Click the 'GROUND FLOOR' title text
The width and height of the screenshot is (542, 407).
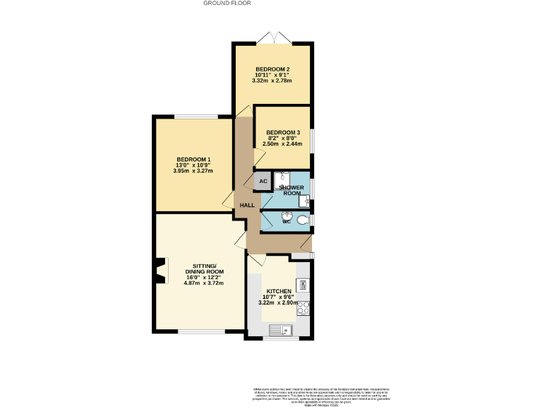coord(227,3)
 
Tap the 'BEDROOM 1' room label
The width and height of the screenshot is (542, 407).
coord(193,159)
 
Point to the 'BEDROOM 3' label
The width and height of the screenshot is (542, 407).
coord(283,132)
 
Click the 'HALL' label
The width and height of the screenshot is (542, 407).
coord(247,205)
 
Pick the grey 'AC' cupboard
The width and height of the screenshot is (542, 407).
coord(263,181)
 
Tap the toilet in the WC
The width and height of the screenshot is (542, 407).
coord(303,220)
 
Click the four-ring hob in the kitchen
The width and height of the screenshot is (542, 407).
coord(304,307)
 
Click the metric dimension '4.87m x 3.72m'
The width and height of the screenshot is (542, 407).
coord(203,283)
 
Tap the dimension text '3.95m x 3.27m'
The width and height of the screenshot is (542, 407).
coord(193,171)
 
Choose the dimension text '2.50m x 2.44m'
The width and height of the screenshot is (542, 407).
coord(282,144)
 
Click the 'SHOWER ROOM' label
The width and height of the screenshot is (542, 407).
coord(293,190)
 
